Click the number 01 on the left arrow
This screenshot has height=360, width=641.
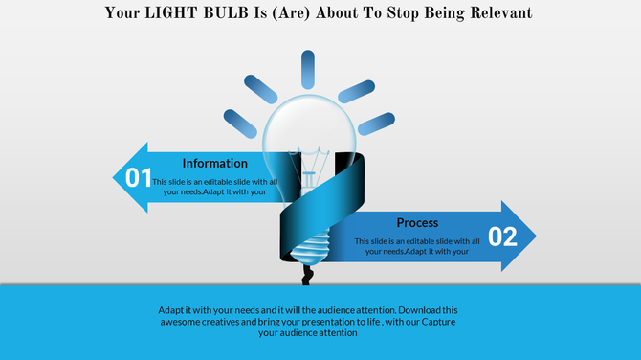[x=140, y=177]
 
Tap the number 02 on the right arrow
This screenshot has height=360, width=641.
[x=502, y=236]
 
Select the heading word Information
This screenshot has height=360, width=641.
[x=215, y=163]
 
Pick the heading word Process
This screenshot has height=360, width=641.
[x=417, y=222]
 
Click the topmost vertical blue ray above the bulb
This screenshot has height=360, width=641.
[x=308, y=71]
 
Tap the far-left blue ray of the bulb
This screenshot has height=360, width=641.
[x=241, y=121]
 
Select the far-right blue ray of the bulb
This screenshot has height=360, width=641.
[x=375, y=121]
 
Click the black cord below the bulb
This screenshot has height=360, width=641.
[x=306, y=275]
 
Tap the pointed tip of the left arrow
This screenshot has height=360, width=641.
[x=115, y=177]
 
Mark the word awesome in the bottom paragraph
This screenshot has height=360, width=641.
[x=183, y=322]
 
